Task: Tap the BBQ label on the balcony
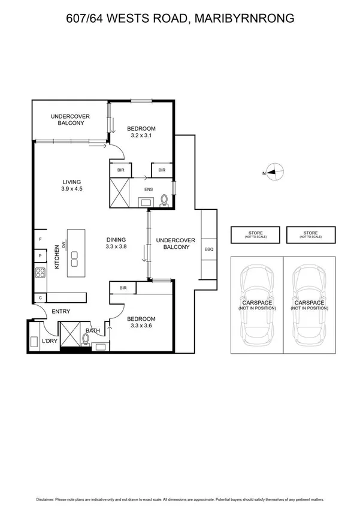tap(208, 249)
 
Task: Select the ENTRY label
tap(60, 311)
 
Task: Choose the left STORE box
tap(255, 234)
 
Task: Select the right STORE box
tap(310, 234)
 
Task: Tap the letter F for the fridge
tap(40, 239)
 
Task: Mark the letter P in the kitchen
tap(40, 256)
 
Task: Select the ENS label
tap(149, 190)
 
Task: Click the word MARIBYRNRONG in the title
tap(247, 19)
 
